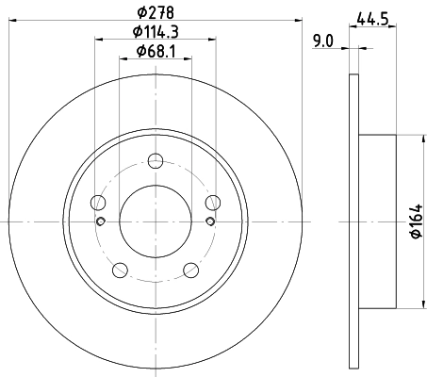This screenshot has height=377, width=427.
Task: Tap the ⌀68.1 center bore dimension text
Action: [157, 51]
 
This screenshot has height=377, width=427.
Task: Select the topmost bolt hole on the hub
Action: [156, 158]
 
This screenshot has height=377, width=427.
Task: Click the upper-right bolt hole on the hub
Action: [213, 200]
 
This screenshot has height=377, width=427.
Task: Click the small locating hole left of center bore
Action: [101, 221]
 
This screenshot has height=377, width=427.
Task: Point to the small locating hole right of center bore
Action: [210, 221]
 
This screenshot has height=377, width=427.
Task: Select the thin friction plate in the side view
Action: [354, 221]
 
